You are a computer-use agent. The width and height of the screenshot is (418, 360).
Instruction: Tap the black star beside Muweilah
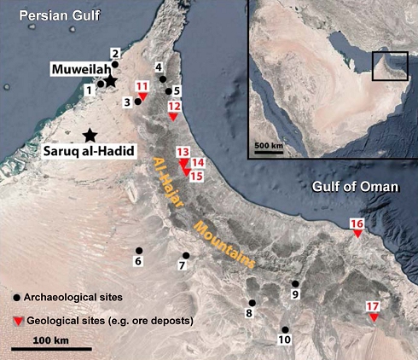tap(111, 81)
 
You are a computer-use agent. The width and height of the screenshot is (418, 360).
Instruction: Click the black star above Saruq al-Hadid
tap(89, 135)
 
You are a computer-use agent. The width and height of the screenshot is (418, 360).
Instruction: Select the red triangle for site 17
tap(373, 318)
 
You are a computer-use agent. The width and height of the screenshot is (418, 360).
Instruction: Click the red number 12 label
tap(174, 106)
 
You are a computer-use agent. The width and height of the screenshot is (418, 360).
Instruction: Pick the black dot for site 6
tap(139, 251)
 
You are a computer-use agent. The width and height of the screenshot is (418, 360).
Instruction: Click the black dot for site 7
tap(186, 255)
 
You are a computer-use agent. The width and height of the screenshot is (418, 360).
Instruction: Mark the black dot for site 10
tap(285, 329)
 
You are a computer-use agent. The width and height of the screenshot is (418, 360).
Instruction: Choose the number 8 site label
tap(249, 314)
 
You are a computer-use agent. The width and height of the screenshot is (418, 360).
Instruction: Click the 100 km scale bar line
tap(51, 349)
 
